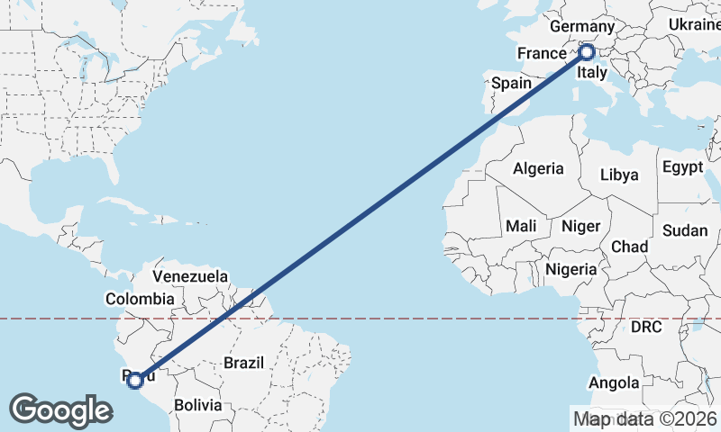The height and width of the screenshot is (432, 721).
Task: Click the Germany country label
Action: pyautogui.click(x=581, y=27)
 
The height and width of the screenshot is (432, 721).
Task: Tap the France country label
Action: pyautogui.click(x=541, y=54)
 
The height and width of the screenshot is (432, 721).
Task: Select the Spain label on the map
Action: pyautogui.click(x=511, y=83)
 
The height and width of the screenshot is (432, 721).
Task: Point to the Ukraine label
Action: pyautogui.click(x=694, y=25)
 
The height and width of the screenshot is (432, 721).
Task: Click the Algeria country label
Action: pyautogui.click(x=538, y=168)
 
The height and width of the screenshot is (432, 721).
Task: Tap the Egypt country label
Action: pyautogui.click(x=682, y=166)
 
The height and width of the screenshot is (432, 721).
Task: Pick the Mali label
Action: pyautogui.click(x=522, y=225)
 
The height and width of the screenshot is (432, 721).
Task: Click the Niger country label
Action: pyautogui.click(x=580, y=225)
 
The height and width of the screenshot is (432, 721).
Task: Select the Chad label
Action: pyautogui.click(x=629, y=246)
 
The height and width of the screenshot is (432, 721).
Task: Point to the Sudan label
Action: pyautogui.click(x=685, y=230)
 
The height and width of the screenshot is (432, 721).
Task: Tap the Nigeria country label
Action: pyautogui.click(x=571, y=268)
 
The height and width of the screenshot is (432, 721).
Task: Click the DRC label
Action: pyautogui.click(x=646, y=327)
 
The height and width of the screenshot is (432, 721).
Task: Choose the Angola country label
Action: pyautogui.click(x=615, y=382)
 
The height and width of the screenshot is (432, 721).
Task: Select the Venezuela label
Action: pyautogui.click(x=190, y=276)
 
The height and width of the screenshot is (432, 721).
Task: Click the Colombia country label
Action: pyautogui.click(x=140, y=298)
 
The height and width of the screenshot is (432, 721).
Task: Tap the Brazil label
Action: pyautogui.click(x=243, y=363)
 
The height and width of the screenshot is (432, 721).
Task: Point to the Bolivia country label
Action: pyautogui.click(x=197, y=405)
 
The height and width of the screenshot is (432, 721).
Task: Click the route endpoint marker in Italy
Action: pyautogui.click(x=587, y=52)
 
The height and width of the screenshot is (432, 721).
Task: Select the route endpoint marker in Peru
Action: pyautogui.click(x=134, y=381)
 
